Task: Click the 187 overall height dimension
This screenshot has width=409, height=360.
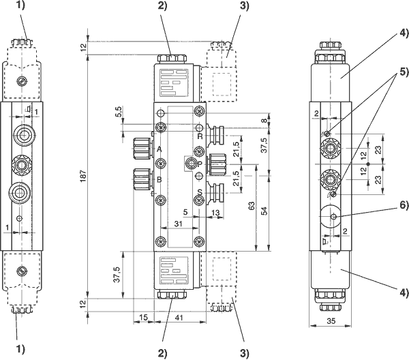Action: [83, 176]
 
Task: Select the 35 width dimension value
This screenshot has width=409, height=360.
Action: [331, 321]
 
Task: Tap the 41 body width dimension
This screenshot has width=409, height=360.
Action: [179, 318]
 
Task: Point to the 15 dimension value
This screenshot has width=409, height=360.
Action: [143, 318]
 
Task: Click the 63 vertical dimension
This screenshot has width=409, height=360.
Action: [252, 206]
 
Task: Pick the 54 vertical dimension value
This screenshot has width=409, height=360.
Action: [264, 211]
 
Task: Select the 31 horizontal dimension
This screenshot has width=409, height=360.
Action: [178, 224]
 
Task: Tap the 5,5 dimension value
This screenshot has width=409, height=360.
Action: [118, 112]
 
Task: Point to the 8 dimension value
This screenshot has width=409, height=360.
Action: [264, 121]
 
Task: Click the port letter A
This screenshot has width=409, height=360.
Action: [160, 149]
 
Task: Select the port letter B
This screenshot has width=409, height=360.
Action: [159, 180]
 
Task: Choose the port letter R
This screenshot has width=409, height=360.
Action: [200, 136]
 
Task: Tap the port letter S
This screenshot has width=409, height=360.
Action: [200, 192]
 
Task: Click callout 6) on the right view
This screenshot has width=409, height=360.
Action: [404, 205]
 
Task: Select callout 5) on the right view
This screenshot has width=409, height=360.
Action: [404, 71]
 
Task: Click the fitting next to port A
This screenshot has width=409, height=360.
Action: [142, 149]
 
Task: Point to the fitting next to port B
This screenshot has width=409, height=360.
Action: [142, 179]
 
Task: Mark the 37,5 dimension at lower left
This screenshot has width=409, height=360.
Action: [117, 275]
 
